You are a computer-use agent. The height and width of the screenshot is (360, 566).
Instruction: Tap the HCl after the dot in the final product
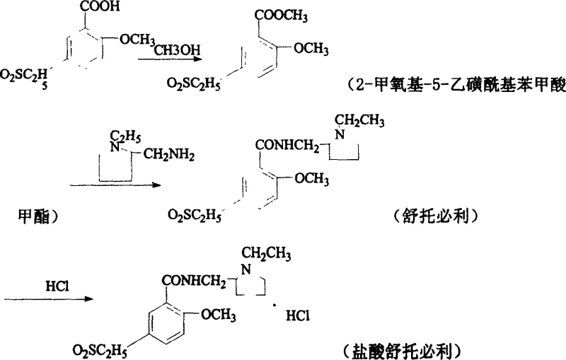click(296, 319)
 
